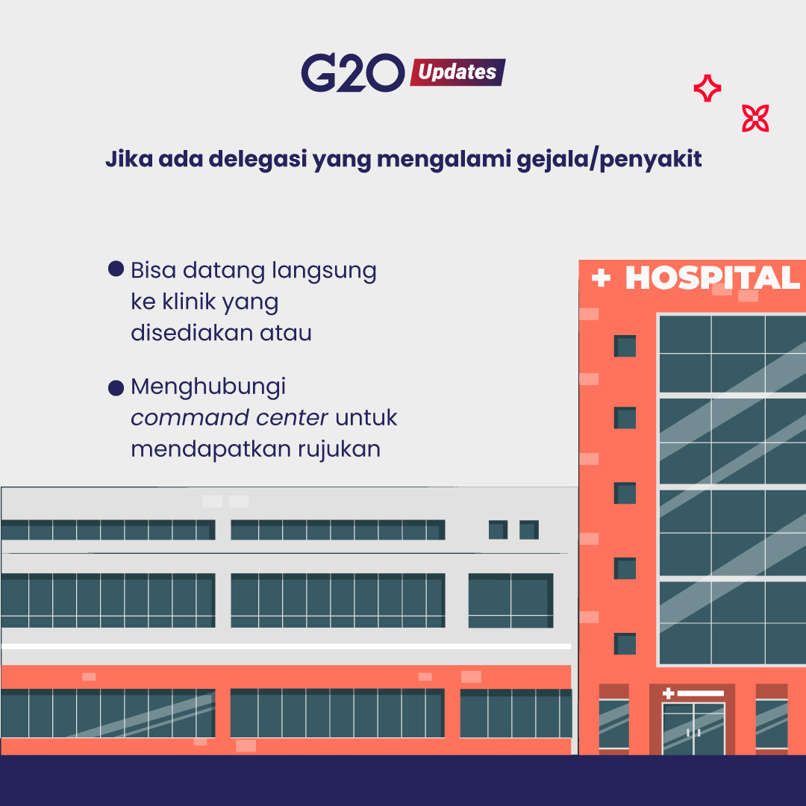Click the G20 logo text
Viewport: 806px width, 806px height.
[352, 72]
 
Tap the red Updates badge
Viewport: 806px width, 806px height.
[457, 72]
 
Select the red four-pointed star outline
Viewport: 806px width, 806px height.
[707, 88]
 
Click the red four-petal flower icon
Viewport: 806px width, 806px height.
[755, 118]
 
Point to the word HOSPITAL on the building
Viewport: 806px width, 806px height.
[713, 278]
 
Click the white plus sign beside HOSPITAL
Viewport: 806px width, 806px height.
[601, 278]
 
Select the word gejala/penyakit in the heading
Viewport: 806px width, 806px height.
[609, 160]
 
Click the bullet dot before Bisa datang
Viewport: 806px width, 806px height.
[116, 269]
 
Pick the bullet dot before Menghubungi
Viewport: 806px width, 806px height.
[116, 387]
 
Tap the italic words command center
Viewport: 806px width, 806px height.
[229, 417]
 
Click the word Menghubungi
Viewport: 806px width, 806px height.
[208, 387]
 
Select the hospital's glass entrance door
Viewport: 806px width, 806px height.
[693, 729]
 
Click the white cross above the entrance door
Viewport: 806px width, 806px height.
[668, 693]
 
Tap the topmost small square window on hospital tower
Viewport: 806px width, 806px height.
[625, 346]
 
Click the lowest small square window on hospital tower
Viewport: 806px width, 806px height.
[625, 643]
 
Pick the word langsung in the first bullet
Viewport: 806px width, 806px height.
[324, 271]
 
